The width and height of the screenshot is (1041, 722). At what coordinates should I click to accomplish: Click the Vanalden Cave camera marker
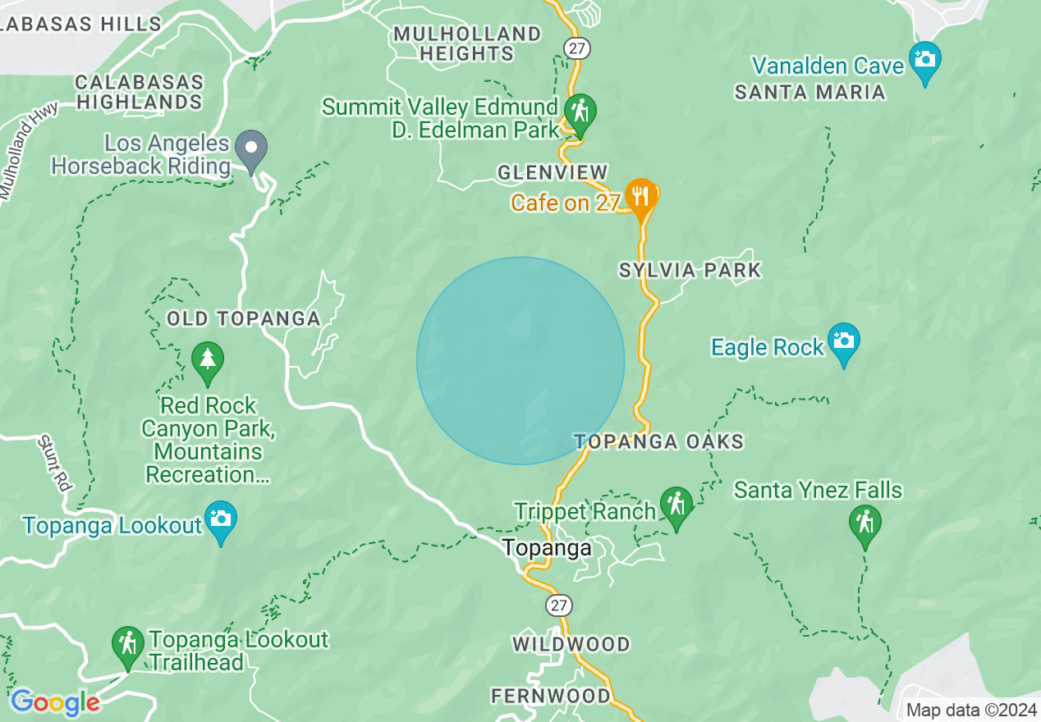(x=925, y=61)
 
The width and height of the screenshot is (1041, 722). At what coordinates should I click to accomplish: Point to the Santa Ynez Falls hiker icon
(x=865, y=523)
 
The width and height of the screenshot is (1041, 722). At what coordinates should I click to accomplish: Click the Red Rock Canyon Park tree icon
(x=207, y=361)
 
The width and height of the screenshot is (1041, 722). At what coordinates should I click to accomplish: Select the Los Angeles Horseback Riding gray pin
(x=251, y=149)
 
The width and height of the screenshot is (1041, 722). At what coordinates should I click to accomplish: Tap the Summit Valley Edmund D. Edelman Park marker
(x=580, y=112)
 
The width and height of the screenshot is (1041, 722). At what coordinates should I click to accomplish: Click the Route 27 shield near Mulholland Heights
(x=578, y=48)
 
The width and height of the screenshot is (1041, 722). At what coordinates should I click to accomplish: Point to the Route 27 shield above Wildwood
(x=559, y=606)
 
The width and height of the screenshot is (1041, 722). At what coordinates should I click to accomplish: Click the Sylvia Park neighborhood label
(x=690, y=270)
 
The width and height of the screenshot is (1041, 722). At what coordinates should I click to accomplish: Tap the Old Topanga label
(x=243, y=318)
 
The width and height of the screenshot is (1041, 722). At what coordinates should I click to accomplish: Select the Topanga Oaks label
(x=659, y=441)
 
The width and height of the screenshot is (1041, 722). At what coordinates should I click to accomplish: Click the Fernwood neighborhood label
(x=551, y=697)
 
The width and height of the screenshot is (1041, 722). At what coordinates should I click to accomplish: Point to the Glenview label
(x=553, y=172)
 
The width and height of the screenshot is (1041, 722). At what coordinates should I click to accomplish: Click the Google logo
(x=55, y=702)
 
